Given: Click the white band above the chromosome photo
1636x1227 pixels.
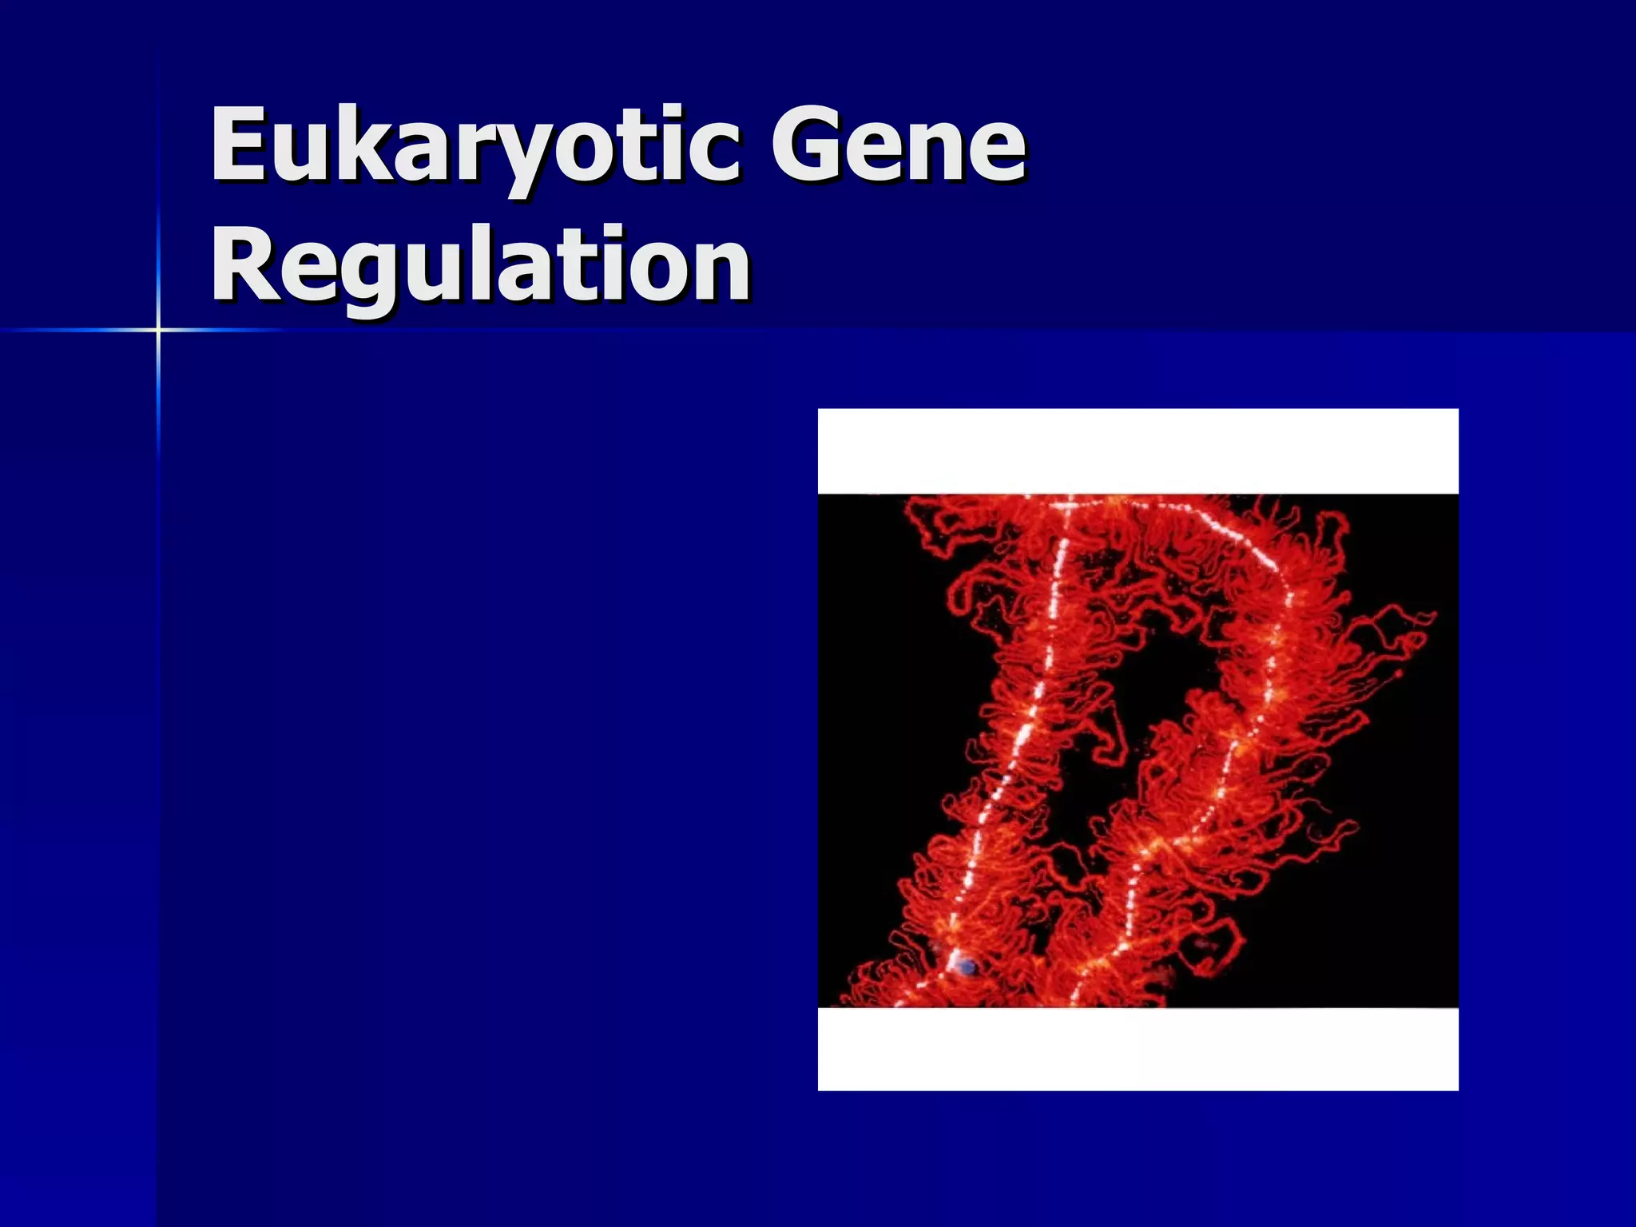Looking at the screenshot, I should point(1138,451).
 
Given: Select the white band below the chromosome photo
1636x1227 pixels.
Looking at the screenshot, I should point(1138,1048).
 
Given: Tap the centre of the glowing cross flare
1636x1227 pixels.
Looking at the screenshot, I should point(158,329).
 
